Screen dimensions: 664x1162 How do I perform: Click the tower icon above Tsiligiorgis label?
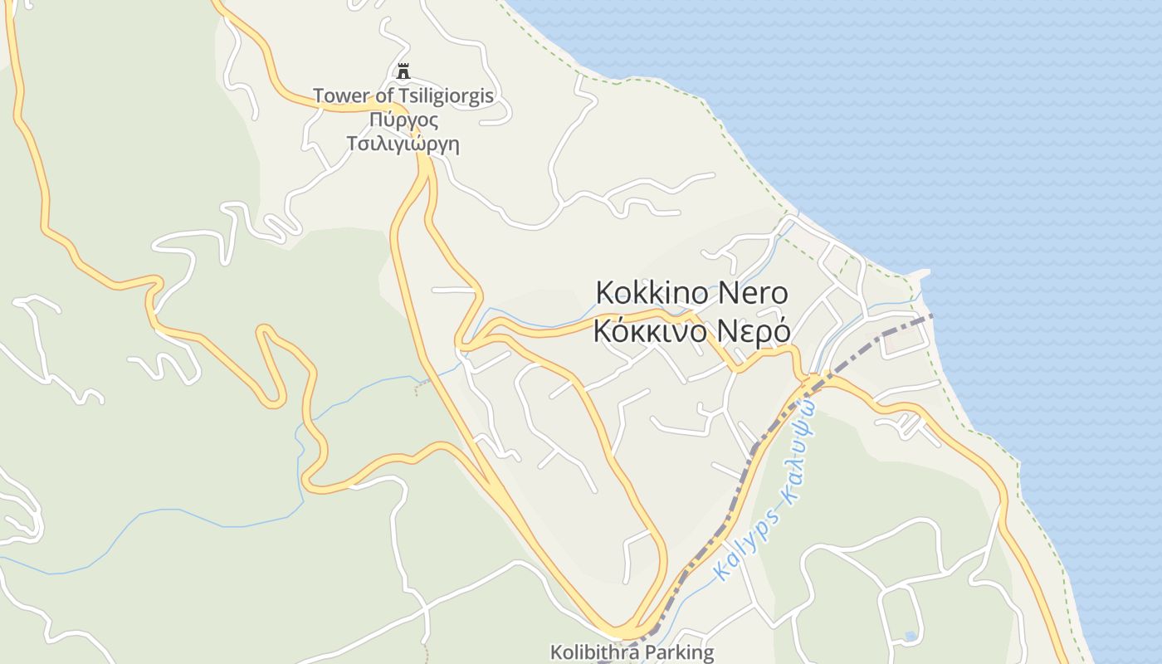click(x=403, y=71)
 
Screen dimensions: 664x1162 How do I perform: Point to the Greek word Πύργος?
click(x=403, y=120)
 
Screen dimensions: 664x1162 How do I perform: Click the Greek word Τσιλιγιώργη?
click(x=403, y=144)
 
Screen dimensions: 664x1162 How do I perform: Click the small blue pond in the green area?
click(x=911, y=637)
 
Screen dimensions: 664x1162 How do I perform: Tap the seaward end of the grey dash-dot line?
click(x=931, y=315)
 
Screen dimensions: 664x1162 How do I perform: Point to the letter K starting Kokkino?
click(x=605, y=293)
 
